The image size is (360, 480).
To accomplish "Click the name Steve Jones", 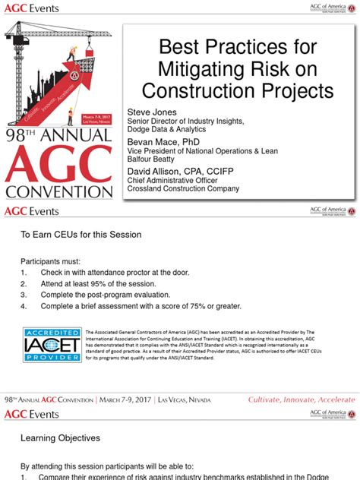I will click(152, 111).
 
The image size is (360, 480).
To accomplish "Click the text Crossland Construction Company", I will click(188, 189).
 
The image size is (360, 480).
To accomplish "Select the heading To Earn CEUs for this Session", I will click(81, 235).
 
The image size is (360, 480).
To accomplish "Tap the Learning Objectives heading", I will click(60, 438).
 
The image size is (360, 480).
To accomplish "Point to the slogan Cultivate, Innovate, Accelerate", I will click(302, 399).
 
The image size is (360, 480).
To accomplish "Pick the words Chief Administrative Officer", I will click(171, 181).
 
